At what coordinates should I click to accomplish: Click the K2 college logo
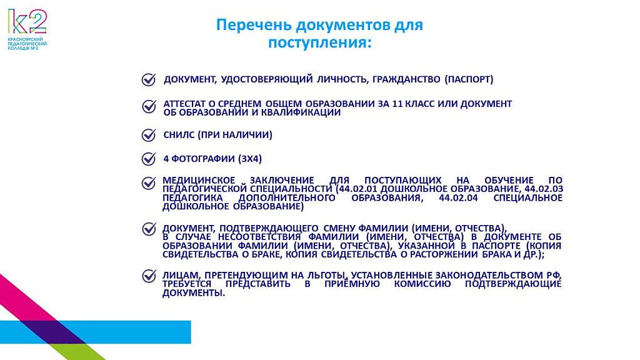click(27, 29)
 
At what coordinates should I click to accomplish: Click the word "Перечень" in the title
click(254, 25)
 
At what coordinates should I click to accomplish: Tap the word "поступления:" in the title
click(320, 42)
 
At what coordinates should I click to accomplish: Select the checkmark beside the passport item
click(149, 79)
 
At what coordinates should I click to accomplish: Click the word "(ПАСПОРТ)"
click(469, 79)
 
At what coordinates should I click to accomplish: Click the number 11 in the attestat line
click(397, 104)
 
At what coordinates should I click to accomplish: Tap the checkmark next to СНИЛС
click(149, 135)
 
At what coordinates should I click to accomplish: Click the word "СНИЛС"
click(179, 135)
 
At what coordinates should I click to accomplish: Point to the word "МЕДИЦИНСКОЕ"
click(199, 180)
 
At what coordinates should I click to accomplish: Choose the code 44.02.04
click(458, 198)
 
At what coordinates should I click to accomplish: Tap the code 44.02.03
click(544, 189)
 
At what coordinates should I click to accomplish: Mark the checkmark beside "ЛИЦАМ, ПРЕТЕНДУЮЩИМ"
click(149, 276)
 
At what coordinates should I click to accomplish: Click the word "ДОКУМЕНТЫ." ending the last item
click(194, 293)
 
